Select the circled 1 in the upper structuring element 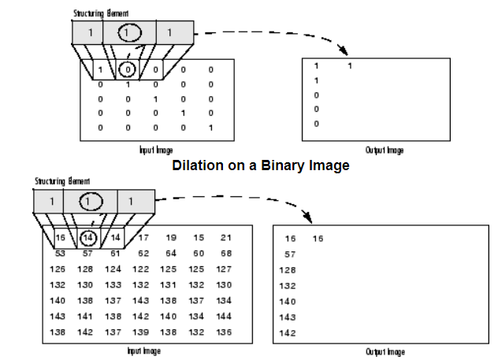click(x=128, y=33)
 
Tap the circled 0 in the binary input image click(x=129, y=70)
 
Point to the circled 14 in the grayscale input click(x=89, y=237)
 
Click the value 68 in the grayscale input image click(x=226, y=254)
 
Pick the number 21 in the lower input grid click(x=226, y=237)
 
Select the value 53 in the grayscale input click(x=59, y=254)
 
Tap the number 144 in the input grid click(x=225, y=317)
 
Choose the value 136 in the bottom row click(x=225, y=332)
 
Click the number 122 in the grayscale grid click(x=140, y=269)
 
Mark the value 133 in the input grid click(x=113, y=285)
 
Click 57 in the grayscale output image click(x=289, y=254)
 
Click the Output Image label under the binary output click(x=385, y=150)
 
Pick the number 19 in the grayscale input click(x=171, y=237)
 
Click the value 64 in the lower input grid click(x=171, y=254)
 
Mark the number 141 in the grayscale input click(x=86, y=317)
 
